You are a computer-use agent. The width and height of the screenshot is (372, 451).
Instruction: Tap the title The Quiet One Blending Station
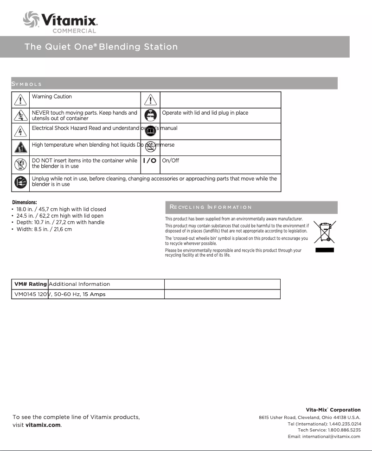pyautogui.click(x=101, y=47)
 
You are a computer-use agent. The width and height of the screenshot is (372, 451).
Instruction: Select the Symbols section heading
pyautogui.click(x=26, y=84)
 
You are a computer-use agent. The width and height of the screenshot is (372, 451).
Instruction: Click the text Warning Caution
pyautogui.click(x=51, y=97)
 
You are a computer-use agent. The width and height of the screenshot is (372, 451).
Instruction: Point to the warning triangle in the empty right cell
pyautogui.click(x=150, y=100)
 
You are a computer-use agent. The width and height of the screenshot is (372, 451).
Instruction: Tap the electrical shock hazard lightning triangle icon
pyautogui.click(x=20, y=130)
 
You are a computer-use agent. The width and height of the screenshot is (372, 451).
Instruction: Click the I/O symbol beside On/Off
pyautogui.click(x=149, y=161)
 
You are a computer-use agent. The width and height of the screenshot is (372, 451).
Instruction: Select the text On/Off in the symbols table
pyautogui.click(x=170, y=161)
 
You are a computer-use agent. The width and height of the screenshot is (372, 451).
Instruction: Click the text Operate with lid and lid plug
pyautogui.click(x=205, y=113)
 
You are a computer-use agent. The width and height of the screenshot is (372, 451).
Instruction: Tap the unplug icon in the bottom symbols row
pyautogui.click(x=20, y=182)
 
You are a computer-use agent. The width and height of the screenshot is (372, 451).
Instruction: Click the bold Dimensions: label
pyautogui.click(x=24, y=202)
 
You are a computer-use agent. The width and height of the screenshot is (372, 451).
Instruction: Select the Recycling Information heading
pyautogui.click(x=211, y=207)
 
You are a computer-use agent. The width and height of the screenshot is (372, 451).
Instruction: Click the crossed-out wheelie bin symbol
pyautogui.click(x=324, y=232)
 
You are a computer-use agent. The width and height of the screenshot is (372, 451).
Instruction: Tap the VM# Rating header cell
pyautogui.click(x=30, y=284)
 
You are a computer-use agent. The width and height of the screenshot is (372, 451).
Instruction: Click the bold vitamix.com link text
pyautogui.click(x=43, y=425)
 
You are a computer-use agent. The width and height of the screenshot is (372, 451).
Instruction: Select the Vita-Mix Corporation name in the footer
pyautogui.click(x=333, y=410)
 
